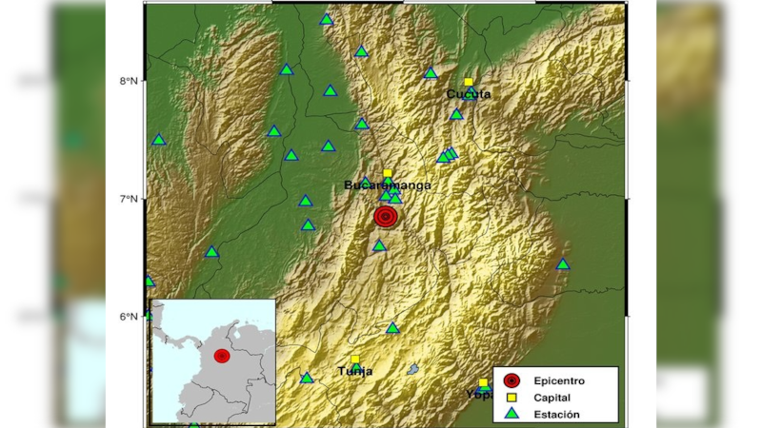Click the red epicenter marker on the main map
tap(386, 217)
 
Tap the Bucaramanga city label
tap(388, 185)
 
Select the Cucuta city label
tap(469, 94)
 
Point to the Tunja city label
tap(354, 371)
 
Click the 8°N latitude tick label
tap(130, 81)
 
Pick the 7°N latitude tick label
tap(130, 199)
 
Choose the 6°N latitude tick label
tap(130, 317)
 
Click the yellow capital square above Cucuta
tap(469, 82)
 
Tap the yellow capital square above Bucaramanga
tap(388, 173)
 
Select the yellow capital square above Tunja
tap(355, 360)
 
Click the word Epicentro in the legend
tap(560, 380)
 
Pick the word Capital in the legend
tap(553, 397)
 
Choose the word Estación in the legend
tap(557, 414)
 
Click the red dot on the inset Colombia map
tap(222, 356)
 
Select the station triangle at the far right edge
tap(563, 264)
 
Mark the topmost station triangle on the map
tap(327, 20)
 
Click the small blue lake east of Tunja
tap(412, 369)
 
